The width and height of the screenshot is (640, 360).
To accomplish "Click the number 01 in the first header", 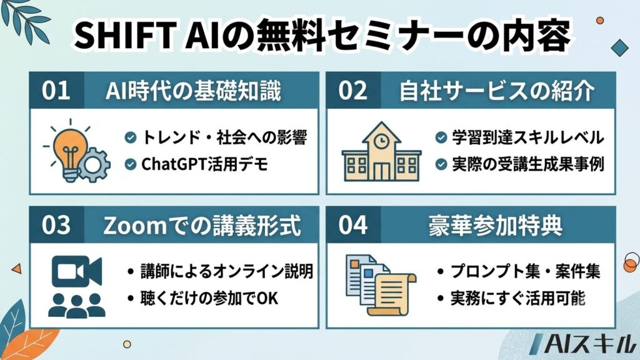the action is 56,90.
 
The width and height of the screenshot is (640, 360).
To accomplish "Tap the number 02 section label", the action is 352,90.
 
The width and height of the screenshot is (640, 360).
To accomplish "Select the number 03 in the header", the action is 56,225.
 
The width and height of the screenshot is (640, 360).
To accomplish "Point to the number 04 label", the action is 352,225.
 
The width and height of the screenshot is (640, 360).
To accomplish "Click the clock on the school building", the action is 381,141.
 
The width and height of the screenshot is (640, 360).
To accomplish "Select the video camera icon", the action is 77,271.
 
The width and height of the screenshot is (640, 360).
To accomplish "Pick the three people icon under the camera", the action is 76,305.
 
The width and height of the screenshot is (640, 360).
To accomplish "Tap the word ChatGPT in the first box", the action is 174,164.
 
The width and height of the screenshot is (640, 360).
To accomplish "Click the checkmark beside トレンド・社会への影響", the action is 130,137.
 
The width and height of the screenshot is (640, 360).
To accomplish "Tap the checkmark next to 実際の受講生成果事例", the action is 441,164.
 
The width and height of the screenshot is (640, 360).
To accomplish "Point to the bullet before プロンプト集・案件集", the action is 441,271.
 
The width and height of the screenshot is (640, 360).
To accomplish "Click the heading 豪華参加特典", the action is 496,225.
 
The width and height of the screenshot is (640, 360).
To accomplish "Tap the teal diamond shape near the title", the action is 619,48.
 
